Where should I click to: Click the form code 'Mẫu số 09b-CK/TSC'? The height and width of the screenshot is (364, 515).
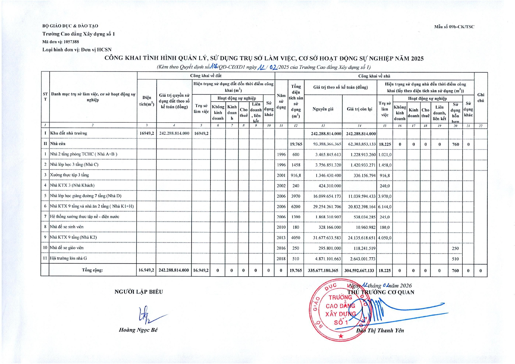click(x=454, y=27)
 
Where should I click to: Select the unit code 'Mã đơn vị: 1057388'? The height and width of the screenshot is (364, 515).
click(x=60, y=42)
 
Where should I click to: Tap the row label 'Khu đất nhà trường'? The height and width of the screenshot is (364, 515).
click(x=69, y=133)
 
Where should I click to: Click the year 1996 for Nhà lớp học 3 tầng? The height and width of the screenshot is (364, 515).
click(x=281, y=165)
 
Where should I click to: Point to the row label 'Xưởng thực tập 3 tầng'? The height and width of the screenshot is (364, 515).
click(x=69, y=175)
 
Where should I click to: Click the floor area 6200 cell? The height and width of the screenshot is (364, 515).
click(x=296, y=207)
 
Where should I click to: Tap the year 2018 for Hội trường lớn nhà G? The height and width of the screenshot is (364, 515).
click(x=281, y=259)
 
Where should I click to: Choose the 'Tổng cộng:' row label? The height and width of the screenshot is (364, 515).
click(x=92, y=270)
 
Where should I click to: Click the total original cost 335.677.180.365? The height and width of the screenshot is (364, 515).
click(x=323, y=270)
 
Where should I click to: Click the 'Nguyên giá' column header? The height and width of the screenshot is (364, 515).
click(x=323, y=109)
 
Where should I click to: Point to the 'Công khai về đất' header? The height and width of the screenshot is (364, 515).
click(x=206, y=76)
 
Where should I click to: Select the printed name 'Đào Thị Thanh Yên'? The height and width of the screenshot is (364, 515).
click(x=380, y=331)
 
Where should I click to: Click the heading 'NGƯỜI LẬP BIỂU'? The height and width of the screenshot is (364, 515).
click(x=139, y=292)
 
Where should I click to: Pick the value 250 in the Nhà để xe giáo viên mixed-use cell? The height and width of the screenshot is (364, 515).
click(x=455, y=248)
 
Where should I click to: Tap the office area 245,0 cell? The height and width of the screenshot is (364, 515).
click(x=384, y=217)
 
